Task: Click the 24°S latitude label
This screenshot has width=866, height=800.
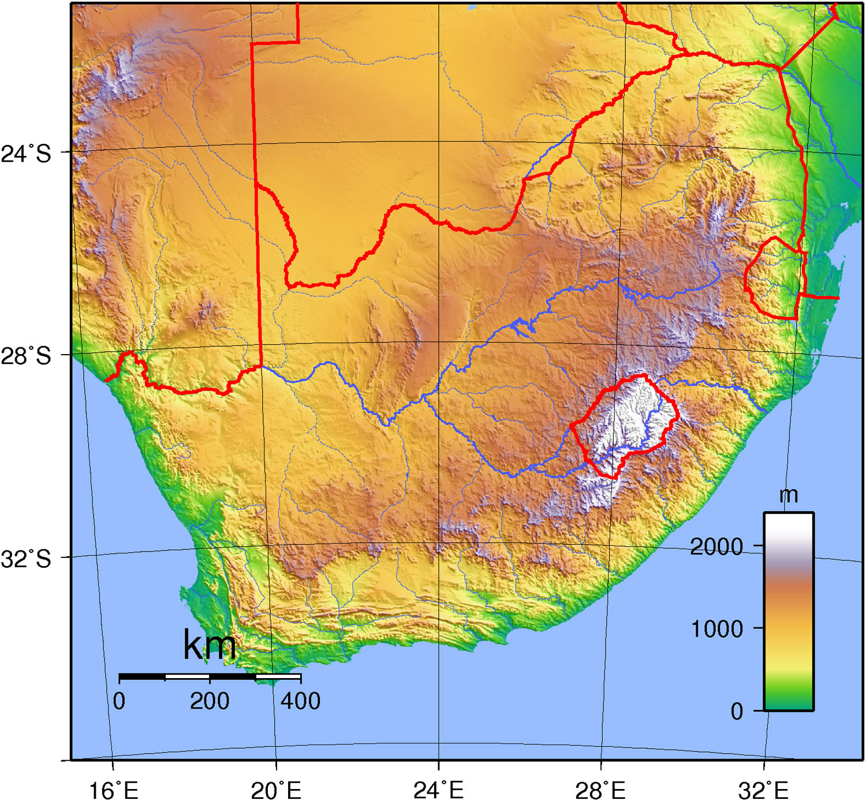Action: coord(26,154)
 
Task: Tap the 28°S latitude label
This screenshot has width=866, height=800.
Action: coord(26,356)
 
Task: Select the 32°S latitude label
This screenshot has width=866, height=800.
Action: coord(26,559)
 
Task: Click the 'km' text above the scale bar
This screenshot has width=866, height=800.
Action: coord(210,645)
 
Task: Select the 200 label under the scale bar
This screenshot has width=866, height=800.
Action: coord(210,701)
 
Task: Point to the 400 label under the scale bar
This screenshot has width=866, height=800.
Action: coord(300,701)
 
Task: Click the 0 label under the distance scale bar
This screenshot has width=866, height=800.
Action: coord(119,701)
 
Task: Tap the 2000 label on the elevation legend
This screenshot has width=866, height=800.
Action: coord(716,546)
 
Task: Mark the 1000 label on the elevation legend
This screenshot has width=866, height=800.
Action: coord(716,628)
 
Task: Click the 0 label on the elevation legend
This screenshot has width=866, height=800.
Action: coord(737,711)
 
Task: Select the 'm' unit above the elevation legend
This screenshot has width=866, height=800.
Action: coord(789,495)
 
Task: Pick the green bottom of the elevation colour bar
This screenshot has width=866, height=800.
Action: coord(789,700)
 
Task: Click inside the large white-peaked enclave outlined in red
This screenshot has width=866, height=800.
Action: coord(626,422)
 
